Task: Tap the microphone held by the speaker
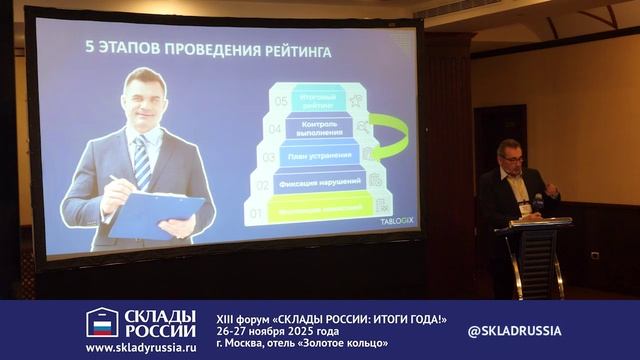click(537, 200)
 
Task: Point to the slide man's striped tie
click(142, 160)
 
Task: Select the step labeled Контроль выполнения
click(319, 128)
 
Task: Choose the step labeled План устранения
click(319, 156)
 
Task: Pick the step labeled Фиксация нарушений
click(319, 184)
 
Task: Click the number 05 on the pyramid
click(281, 101)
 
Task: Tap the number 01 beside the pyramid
click(256, 213)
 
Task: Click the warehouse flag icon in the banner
click(101, 322)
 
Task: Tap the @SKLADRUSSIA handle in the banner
click(514, 330)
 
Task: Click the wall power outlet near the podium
click(595, 255)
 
